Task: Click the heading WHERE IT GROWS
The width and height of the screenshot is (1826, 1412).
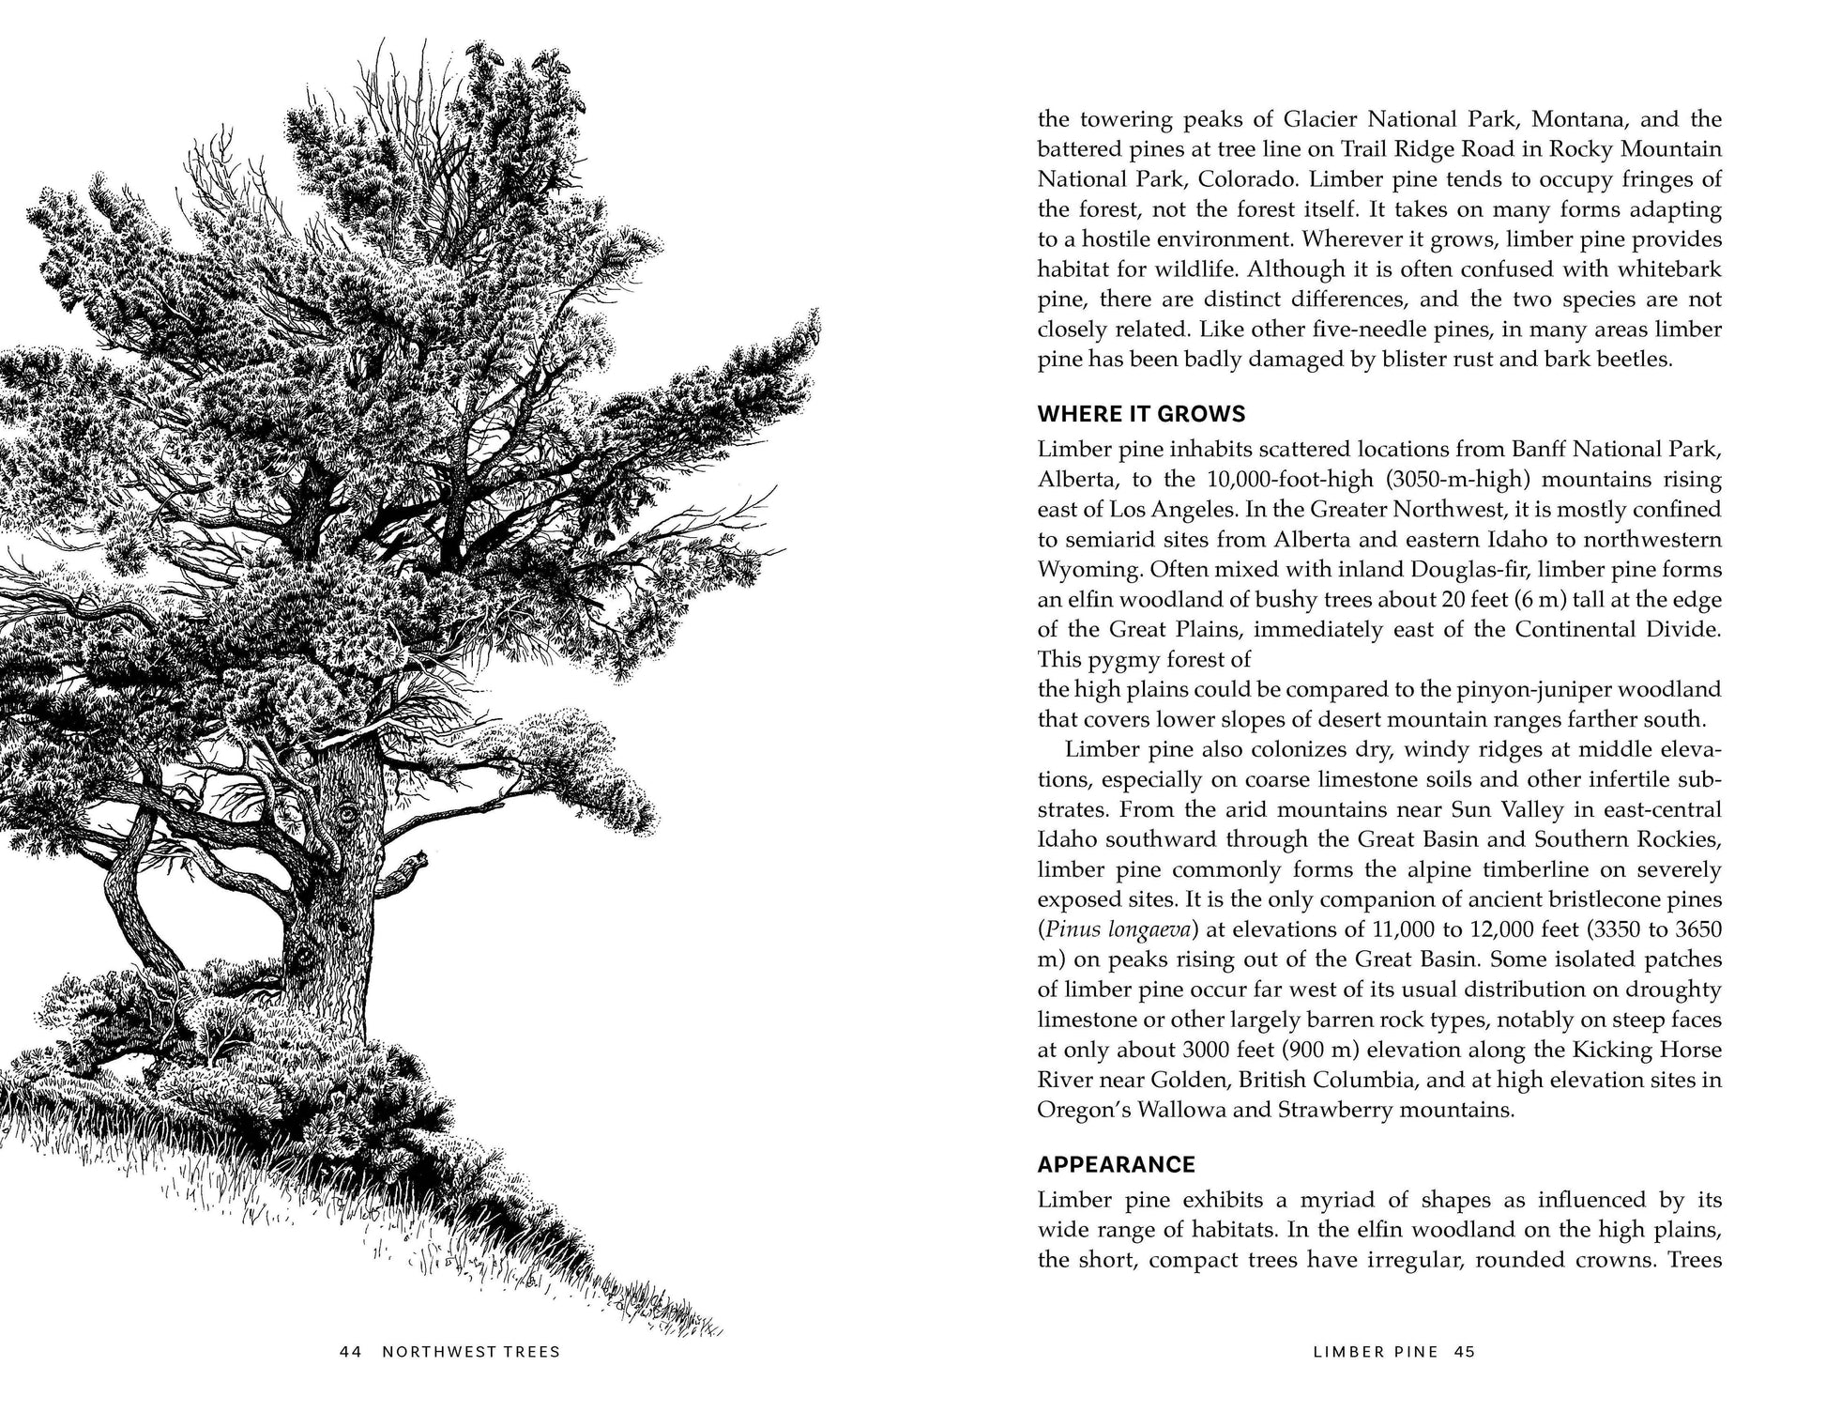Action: click(1141, 414)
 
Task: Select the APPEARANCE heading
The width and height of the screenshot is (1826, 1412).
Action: click(1116, 1165)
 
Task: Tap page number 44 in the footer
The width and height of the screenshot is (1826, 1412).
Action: click(351, 1352)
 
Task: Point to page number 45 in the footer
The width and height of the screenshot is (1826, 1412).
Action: click(1465, 1352)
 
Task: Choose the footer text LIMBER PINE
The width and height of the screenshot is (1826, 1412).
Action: click(1376, 1352)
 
